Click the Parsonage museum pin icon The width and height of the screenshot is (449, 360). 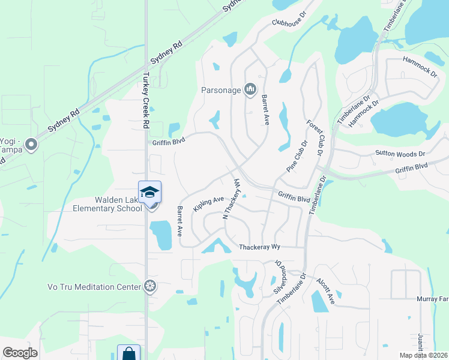click(250, 91)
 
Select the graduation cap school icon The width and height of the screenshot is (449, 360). click(149, 192)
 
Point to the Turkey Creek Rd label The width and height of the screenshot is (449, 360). click(145, 101)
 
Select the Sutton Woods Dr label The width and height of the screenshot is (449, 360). click(400, 154)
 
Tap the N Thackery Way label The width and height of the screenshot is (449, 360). click(231, 199)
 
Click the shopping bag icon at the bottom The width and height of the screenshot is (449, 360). click(129, 353)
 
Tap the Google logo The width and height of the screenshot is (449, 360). click(20, 353)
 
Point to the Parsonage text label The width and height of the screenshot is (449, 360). click(221, 91)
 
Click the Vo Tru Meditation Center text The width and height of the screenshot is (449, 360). click(95, 287)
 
